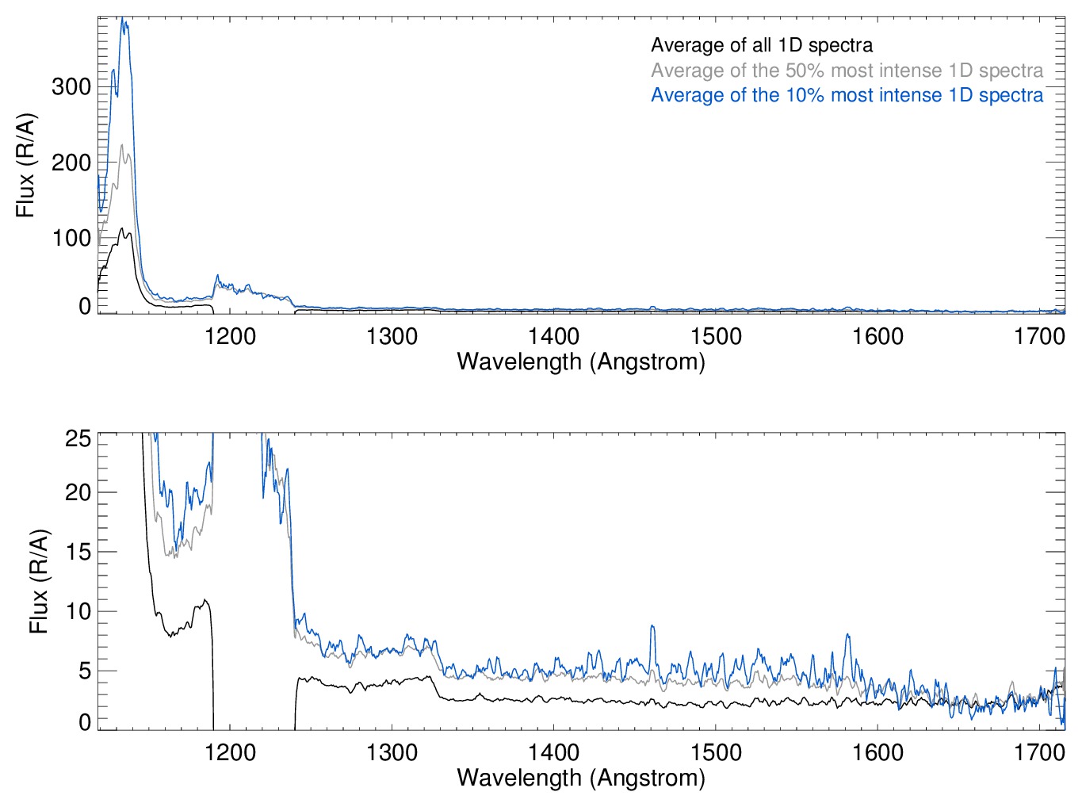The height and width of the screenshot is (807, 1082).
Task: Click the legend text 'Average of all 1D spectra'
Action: pos(761,45)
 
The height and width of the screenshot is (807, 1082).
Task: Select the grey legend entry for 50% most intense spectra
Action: pos(847,71)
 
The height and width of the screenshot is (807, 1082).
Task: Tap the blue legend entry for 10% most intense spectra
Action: pos(847,95)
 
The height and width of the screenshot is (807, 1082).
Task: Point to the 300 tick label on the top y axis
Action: pos(71,86)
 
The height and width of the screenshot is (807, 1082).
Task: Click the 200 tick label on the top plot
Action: pos(71,163)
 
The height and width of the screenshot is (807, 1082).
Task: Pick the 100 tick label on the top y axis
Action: pos(71,238)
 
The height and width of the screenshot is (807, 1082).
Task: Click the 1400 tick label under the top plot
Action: pos(554,336)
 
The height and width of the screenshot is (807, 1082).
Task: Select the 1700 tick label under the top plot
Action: pos(1039,336)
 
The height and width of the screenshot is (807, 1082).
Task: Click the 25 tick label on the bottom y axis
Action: pos(78,438)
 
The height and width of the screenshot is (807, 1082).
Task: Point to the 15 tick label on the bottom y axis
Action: pos(78,552)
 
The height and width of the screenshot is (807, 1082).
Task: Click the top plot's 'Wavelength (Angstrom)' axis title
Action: pos(581,361)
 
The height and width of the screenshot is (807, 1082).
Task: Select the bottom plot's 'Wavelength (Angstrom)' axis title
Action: pos(581,778)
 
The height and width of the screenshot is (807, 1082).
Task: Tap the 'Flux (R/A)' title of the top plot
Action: pos(25,166)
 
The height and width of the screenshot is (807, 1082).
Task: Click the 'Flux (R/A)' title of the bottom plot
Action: pos(38,581)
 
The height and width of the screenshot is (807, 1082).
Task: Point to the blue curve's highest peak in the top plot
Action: pos(123,20)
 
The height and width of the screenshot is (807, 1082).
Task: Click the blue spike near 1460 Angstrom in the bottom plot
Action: pos(652,627)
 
